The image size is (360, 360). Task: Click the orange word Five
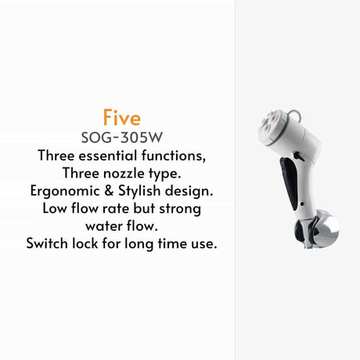pyautogui.click(x=122, y=117)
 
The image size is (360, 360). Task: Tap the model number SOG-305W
pyautogui.click(x=122, y=138)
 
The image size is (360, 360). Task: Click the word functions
pyautogui.click(x=174, y=156)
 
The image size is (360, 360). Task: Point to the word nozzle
pyautogui.click(x=124, y=173)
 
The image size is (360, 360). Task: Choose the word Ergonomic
pyautogui.click(x=65, y=191)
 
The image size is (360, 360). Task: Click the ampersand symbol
pyautogui.click(x=109, y=191)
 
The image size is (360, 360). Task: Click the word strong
pyautogui.click(x=180, y=209)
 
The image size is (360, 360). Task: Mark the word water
pyautogui.click(x=103, y=226)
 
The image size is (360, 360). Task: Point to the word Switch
pyautogui.click(x=47, y=243)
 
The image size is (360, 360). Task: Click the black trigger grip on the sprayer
pyautogui.click(x=289, y=182)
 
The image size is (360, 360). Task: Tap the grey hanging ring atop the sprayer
pyautogui.click(x=294, y=115)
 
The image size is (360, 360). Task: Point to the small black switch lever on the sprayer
pyautogui.click(x=297, y=156)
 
